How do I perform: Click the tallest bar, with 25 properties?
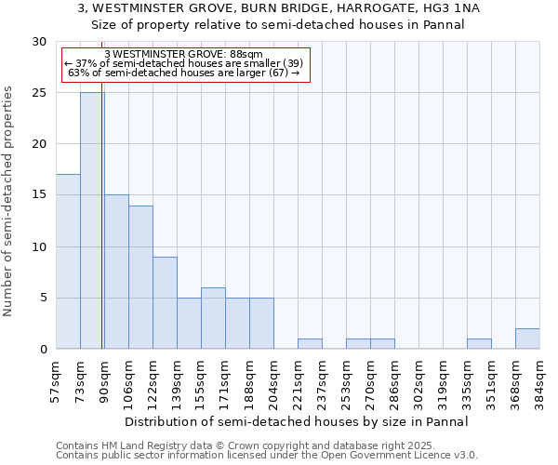coord(92,220)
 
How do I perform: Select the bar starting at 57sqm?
coord(68,261)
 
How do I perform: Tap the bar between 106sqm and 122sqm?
coord(140,277)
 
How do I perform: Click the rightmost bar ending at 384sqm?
coord(527,339)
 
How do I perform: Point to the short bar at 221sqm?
coord(310,344)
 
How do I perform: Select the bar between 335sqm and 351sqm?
coord(479,344)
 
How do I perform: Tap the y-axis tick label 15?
coord(39,195)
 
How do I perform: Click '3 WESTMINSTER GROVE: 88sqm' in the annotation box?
coord(184,54)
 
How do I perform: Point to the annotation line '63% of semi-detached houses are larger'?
coord(184,73)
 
